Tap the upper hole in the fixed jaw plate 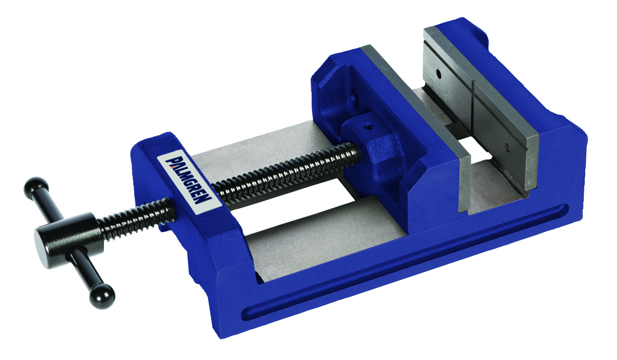(x=439, y=74)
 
